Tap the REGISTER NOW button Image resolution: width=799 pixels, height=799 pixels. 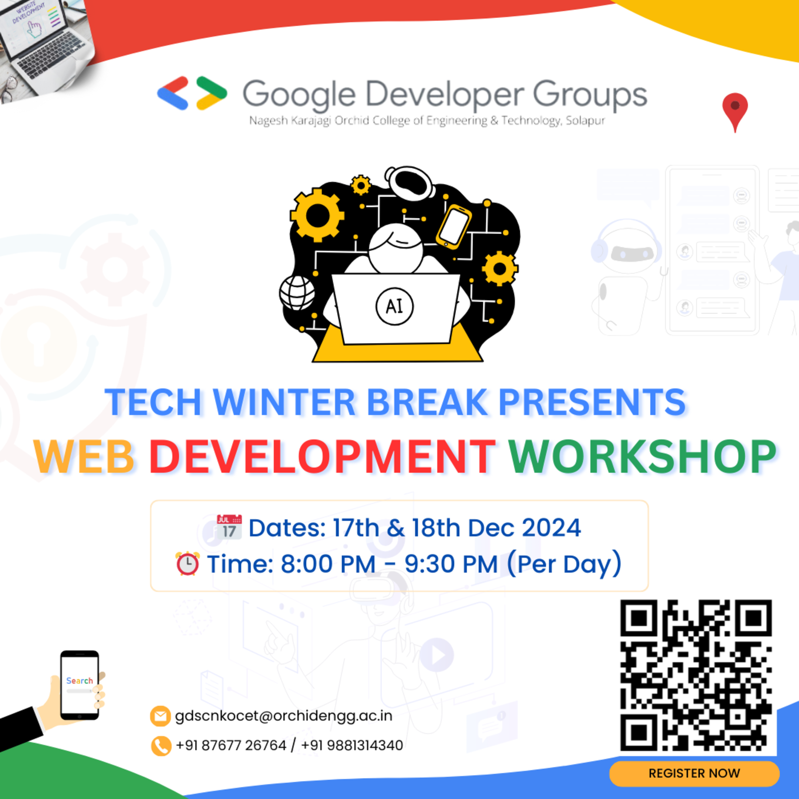[x=694, y=773]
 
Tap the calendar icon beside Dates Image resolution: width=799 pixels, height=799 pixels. [x=229, y=527]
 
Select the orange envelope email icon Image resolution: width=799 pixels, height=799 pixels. [x=160, y=716]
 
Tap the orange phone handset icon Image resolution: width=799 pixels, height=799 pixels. [x=161, y=746]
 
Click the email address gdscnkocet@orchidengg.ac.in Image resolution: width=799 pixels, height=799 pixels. [x=284, y=716]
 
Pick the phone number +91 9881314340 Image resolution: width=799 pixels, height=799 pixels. [x=352, y=745]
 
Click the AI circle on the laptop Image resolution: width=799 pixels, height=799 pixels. [x=394, y=306]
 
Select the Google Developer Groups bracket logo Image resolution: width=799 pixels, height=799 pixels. [x=192, y=93]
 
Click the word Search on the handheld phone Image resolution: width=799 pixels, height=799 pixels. [x=80, y=681]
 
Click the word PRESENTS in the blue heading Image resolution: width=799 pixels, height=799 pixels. [x=592, y=402]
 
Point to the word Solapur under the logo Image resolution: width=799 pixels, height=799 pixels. [x=585, y=121]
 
